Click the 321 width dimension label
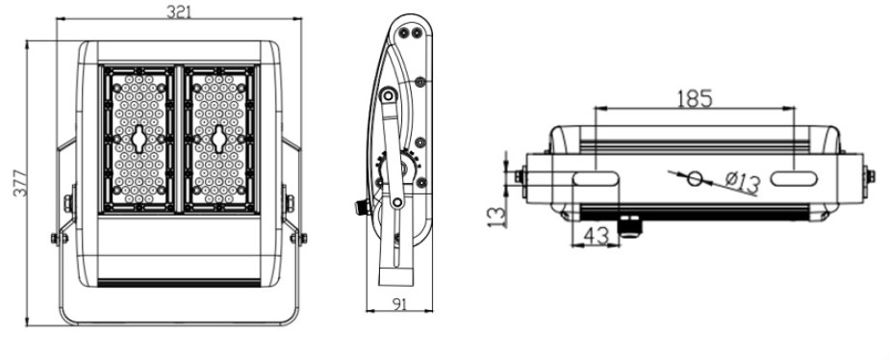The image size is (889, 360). [179, 12]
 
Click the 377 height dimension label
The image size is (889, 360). [20, 183]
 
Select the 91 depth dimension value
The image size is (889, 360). [399, 304]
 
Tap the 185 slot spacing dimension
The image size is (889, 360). [695, 98]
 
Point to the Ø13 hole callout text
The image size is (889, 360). [742, 183]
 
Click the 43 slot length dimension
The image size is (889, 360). [596, 235]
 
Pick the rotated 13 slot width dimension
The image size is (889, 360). [496, 217]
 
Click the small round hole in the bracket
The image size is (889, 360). [695, 179]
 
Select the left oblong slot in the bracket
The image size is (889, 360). [596, 179]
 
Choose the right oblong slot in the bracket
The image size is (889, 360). [794, 179]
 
